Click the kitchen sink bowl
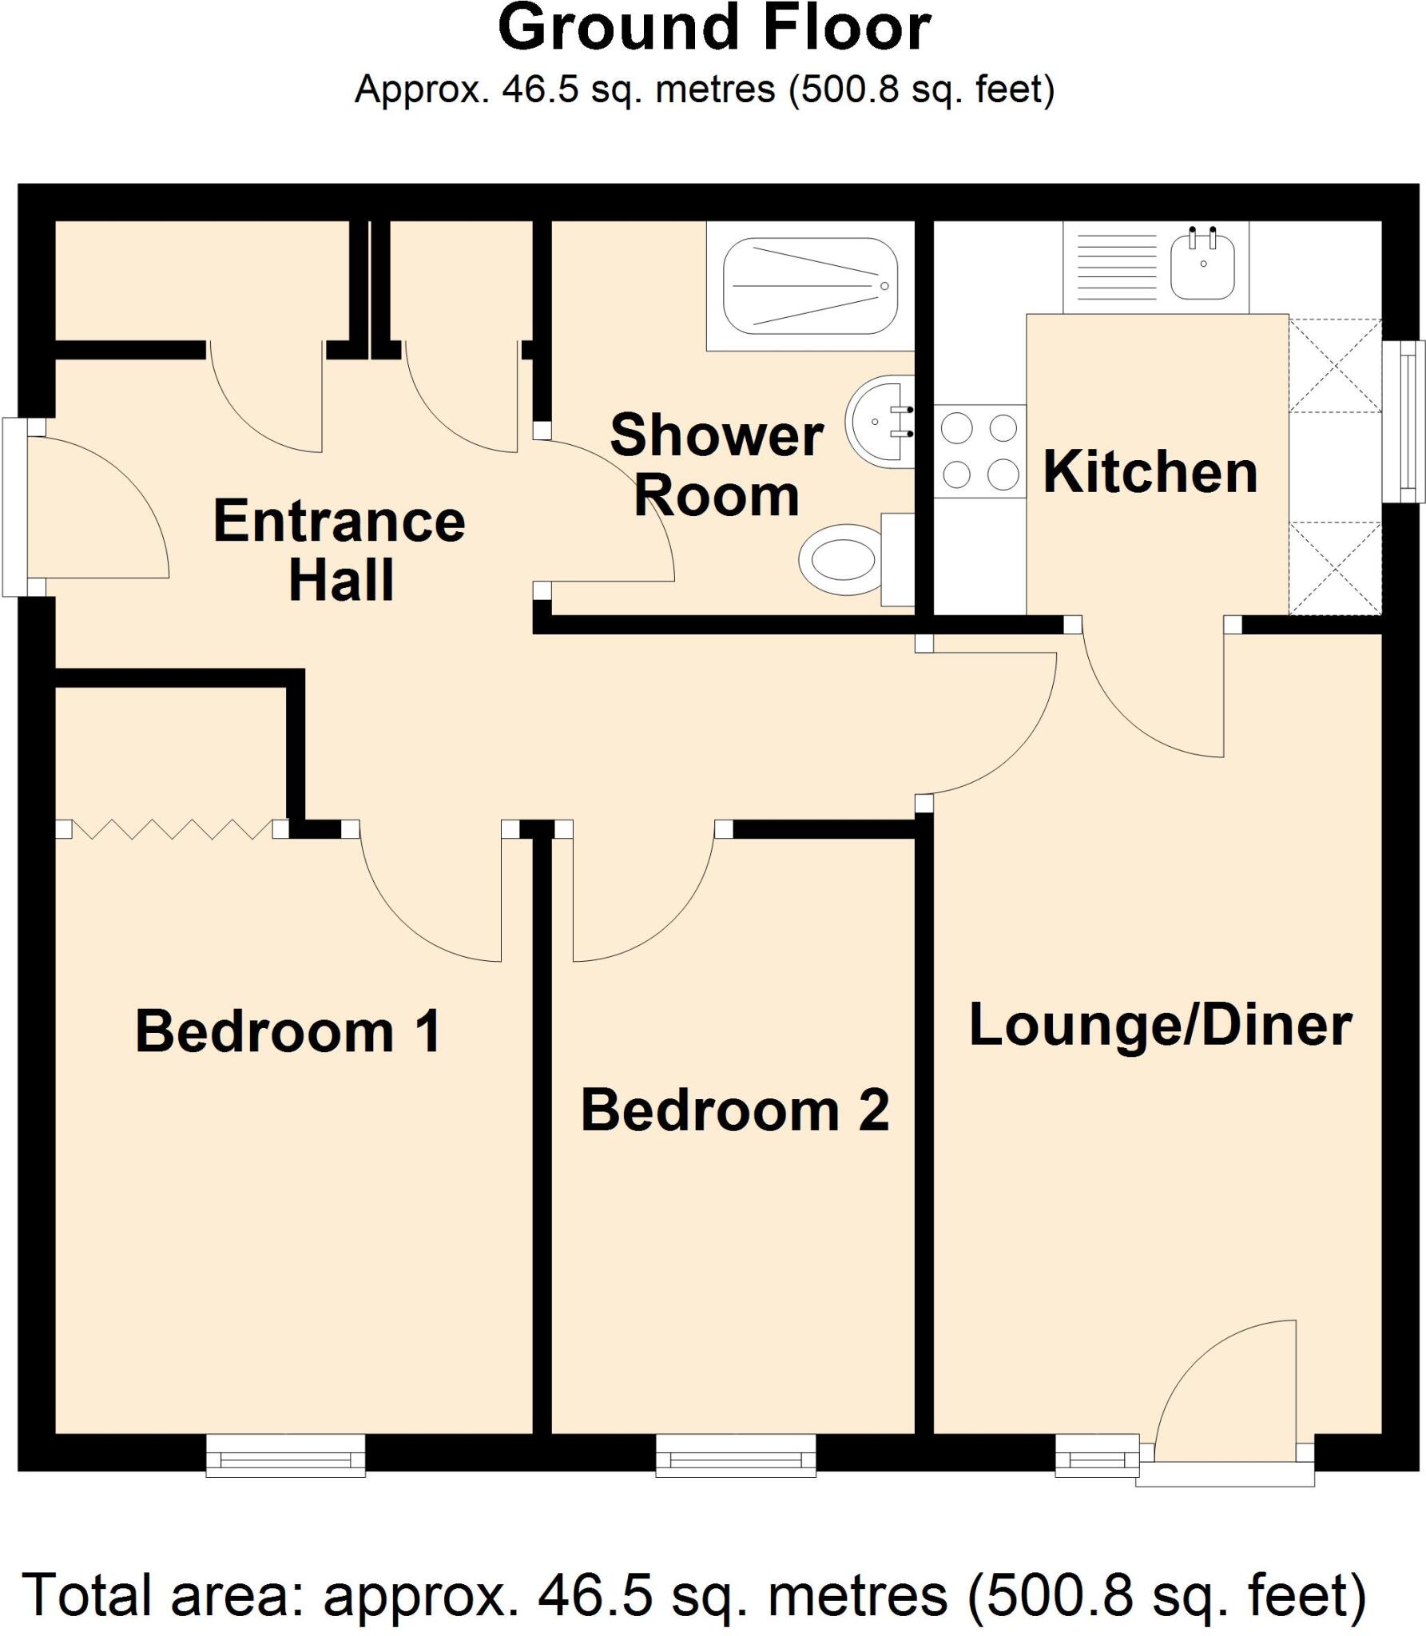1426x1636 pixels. [x=1202, y=267]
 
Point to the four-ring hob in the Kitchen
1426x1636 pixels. [x=979, y=452]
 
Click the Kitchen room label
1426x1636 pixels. [x=1150, y=473]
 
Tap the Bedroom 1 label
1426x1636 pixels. [x=288, y=1032]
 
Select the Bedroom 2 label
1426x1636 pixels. [x=734, y=1110]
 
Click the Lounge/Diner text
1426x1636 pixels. [x=1160, y=1026]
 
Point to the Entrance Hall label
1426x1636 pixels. [x=340, y=550]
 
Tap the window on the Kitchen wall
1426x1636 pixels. [x=1404, y=421]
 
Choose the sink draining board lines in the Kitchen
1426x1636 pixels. [x=1116, y=267]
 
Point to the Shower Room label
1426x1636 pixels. [x=717, y=466]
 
